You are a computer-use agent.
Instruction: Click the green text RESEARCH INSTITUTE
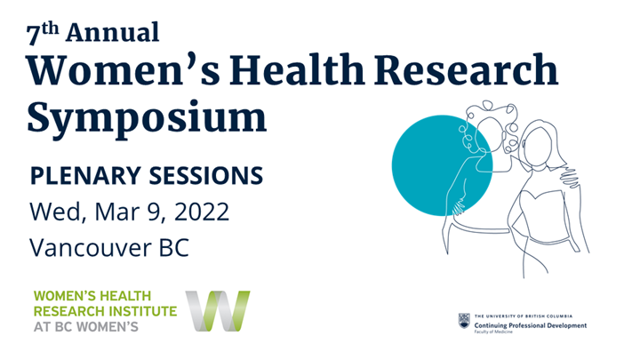(x=104, y=310)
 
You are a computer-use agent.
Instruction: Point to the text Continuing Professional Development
(x=531, y=325)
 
